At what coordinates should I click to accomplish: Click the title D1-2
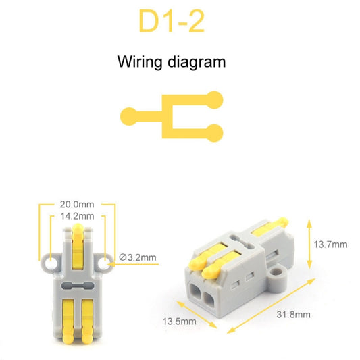point(171,22)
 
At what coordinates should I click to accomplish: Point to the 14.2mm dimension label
point(77,216)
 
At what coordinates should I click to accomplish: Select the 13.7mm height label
point(331,244)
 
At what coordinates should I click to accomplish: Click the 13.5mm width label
point(180,321)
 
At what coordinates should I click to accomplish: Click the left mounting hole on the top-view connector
point(51,259)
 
